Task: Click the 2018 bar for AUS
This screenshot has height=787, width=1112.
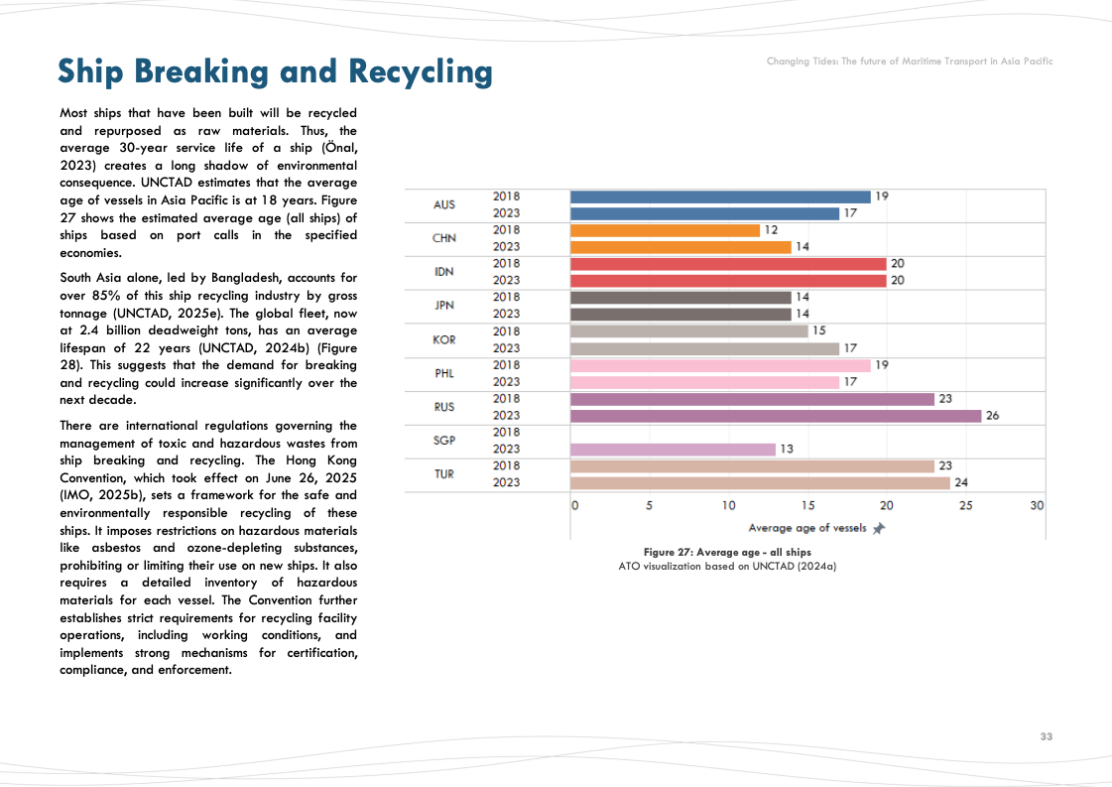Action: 720,197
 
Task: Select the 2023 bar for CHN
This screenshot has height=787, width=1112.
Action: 680,247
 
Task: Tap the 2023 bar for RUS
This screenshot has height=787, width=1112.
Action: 776,416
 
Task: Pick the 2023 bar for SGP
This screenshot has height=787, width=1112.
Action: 673,450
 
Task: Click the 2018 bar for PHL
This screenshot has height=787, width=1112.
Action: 720,365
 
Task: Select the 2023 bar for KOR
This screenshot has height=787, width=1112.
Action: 704,348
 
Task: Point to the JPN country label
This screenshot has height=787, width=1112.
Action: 444,306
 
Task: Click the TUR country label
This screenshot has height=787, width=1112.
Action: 444,474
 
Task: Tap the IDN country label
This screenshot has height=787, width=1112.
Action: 444,272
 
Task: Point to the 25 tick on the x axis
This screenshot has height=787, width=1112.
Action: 965,506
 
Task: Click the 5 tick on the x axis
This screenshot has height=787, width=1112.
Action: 650,506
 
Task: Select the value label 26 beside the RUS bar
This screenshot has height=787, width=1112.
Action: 992,416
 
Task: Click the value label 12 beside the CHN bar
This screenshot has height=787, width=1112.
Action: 771,230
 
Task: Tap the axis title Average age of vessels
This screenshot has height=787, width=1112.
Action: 806,528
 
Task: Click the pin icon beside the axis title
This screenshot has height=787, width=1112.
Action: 878,528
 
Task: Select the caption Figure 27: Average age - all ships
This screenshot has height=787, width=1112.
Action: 727,552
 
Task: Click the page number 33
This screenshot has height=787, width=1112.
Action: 1046,736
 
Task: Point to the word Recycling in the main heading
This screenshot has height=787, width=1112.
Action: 421,71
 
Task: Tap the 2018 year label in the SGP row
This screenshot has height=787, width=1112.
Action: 506,433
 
